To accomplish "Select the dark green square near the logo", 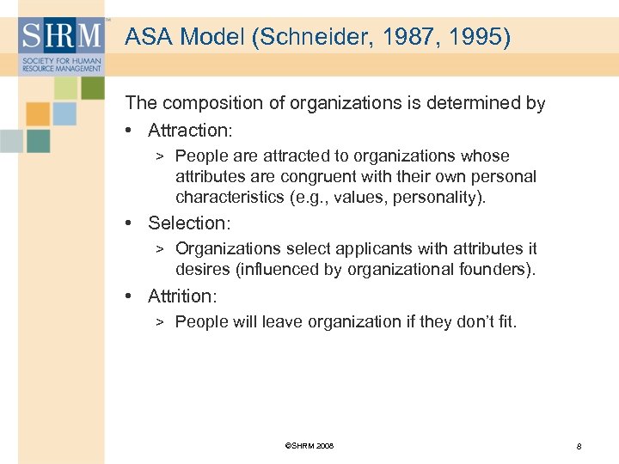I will point(92,88).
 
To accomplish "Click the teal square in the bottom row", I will point(39,141).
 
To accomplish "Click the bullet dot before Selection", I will point(129,223).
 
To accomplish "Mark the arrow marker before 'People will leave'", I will point(160,322).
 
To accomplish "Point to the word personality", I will point(440,198).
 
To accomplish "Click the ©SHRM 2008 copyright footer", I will point(308,446).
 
